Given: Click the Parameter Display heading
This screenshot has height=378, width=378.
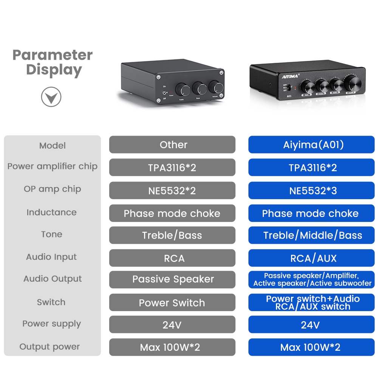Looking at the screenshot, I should pos(53,62).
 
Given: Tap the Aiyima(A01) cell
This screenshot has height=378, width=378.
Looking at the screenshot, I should pos(311,145).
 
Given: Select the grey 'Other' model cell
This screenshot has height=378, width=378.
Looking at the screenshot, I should pos(172,145).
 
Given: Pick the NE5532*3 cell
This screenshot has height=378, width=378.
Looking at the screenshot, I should pos(311,191).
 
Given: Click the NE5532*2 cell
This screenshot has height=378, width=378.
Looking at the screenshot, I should pos(172,191).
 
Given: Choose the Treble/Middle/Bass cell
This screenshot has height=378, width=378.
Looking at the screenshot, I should pos(311,235).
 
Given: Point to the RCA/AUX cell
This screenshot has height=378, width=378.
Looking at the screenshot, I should pos(311,258).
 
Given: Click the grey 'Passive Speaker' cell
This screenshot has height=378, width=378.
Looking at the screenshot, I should pos(172,279).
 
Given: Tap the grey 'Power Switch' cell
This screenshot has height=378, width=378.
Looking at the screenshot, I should pos(172,303).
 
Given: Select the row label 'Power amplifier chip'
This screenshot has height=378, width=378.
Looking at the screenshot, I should pos(52,166).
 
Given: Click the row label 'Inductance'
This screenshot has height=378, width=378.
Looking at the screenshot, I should pos(51,212).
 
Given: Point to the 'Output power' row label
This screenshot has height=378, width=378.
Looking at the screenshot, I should pos(50,347).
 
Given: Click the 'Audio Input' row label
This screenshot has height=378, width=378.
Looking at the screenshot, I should pos(51,257).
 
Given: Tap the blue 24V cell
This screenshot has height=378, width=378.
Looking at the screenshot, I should pos(311,325).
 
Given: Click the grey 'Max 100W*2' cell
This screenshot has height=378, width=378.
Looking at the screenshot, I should pos(172,347).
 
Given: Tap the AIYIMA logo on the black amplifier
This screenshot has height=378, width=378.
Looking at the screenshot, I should pos(290,75).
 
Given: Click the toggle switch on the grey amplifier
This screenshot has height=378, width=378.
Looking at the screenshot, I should pos(164,93).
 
